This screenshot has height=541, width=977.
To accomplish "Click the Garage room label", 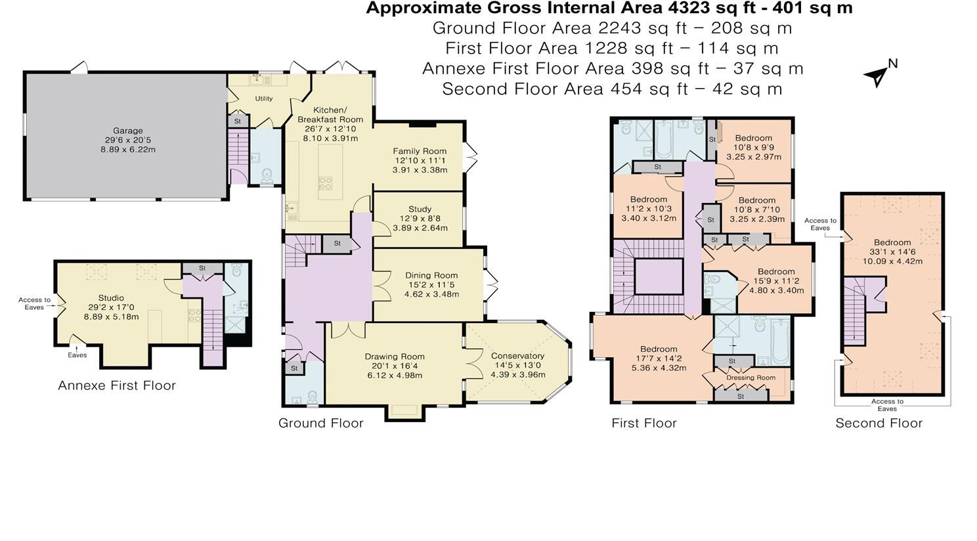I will coord(127,131).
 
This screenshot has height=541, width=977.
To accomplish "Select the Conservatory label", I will coord(517,356).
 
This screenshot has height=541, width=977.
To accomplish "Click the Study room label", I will coord(420,209).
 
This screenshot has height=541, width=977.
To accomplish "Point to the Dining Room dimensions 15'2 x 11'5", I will coord(431,285).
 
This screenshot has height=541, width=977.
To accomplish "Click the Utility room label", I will coord(264,98).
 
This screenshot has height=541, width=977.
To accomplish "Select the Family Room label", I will coord(420,151).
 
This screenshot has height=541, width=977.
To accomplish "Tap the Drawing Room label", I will coord(395,357).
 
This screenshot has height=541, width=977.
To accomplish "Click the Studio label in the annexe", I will coord(111,298).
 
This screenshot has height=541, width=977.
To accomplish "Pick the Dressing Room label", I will coord(750,378).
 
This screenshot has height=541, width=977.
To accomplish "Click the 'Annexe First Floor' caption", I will coord(117,385).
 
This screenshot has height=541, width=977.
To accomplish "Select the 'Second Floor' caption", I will coord(879,423).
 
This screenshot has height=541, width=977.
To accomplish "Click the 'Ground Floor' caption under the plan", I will coord(320,423).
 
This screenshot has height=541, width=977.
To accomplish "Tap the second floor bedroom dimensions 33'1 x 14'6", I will coord(892,251).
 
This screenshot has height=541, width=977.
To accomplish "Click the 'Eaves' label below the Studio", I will coord(77,355).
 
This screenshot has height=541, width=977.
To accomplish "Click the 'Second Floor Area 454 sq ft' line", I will coord(612,89).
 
